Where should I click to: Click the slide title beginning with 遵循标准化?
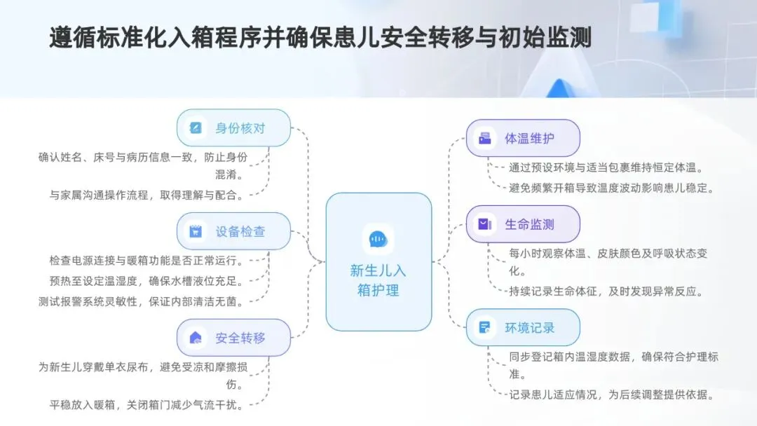click(320, 38)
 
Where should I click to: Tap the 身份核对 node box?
click(233, 128)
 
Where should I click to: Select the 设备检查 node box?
click(233, 231)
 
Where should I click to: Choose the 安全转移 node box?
click(233, 338)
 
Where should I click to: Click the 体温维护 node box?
click(523, 138)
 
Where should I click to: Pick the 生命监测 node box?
click(523, 224)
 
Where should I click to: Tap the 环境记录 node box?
click(523, 327)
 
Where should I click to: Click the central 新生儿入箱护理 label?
click(378, 280)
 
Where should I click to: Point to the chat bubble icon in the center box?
click(378, 240)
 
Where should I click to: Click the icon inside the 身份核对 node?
click(196, 128)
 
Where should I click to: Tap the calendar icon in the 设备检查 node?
click(196, 231)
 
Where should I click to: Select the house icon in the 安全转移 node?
click(196, 338)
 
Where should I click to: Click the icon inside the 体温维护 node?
click(485, 138)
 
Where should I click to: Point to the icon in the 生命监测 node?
click(484, 224)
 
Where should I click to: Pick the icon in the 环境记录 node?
click(484, 327)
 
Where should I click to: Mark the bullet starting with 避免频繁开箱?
click(611, 187)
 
